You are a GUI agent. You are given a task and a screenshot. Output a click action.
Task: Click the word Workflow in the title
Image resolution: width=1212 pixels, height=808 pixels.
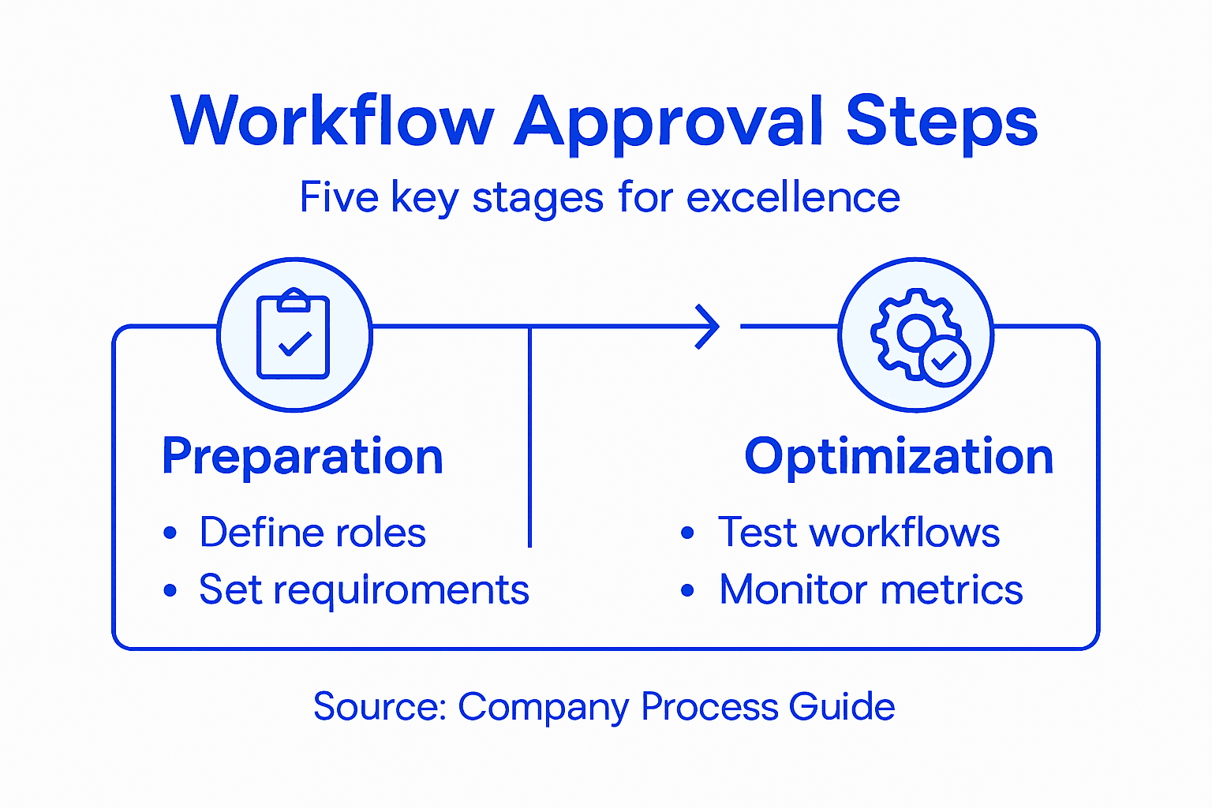tap(331, 122)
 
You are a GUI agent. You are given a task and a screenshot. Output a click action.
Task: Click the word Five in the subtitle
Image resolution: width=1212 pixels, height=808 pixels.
tap(339, 197)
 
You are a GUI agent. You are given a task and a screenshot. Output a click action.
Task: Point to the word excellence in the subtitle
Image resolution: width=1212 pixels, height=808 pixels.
tap(793, 197)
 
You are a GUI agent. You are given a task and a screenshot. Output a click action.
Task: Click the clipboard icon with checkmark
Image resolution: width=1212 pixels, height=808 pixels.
tap(294, 335)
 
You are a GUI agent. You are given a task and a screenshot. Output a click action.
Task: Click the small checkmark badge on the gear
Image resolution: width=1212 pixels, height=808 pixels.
tap(945, 362)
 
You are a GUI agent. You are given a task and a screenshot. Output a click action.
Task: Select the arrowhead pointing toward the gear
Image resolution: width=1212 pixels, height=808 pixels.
tap(707, 326)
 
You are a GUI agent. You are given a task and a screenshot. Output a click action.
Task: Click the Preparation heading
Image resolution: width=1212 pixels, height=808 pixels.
tap(302, 457)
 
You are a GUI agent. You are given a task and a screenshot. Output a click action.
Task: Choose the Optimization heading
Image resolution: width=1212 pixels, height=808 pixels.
tap(899, 457)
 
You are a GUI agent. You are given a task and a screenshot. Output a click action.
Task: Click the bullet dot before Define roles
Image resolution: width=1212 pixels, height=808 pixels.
tap(170, 533)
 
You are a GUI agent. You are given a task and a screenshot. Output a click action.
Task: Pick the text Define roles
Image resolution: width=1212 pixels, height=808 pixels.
tap(312, 533)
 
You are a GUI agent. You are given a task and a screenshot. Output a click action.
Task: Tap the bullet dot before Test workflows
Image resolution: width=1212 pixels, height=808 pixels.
tap(687, 533)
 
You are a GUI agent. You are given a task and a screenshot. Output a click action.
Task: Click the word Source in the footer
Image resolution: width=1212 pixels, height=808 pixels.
tap(380, 706)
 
